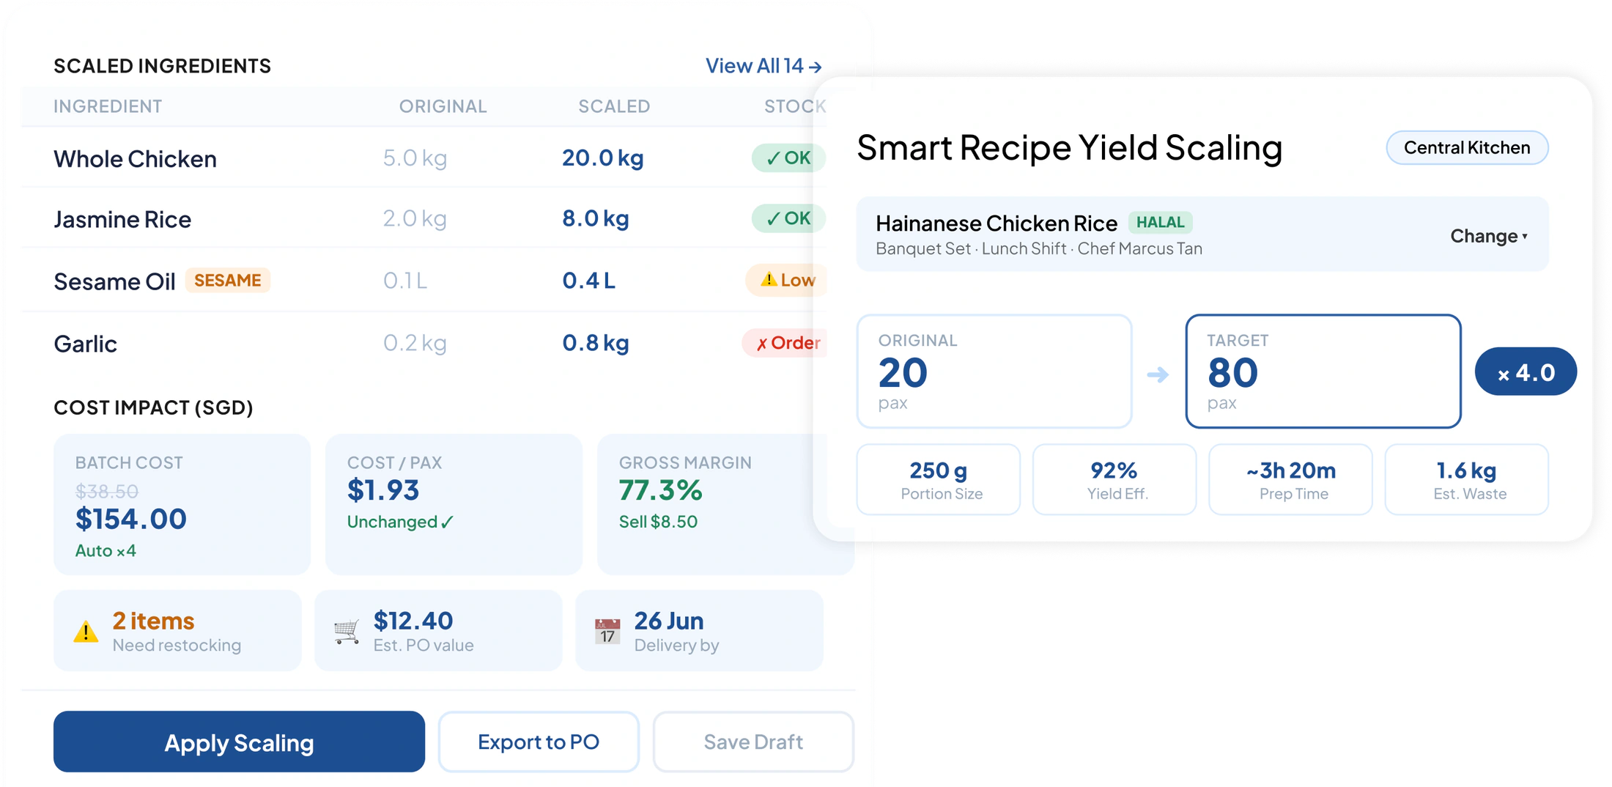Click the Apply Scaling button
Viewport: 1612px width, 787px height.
click(239, 742)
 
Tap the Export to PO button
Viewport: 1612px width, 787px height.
click(539, 742)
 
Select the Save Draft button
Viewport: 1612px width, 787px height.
click(753, 742)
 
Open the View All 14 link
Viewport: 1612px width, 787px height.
click(764, 66)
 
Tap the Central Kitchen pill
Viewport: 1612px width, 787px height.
click(1467, 147)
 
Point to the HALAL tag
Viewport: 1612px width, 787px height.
click(1160, 222)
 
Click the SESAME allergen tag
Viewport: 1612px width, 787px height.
click(227, 280)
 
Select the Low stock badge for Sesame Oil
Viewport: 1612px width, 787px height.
click(786, 280)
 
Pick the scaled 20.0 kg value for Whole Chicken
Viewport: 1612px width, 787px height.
click(602, 158)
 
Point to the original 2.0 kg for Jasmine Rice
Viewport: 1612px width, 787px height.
click(415, 218)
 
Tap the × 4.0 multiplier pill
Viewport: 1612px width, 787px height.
click(1526, 372)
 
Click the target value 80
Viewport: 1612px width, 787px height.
click(1232, 372)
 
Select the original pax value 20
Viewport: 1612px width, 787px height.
click(903, 372)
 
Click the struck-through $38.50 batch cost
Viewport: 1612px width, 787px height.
click(107, 491)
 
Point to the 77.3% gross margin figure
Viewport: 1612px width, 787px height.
click(660, 489)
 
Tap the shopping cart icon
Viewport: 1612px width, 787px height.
click(347, 631)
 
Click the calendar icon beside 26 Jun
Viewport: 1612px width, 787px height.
click(607, 631)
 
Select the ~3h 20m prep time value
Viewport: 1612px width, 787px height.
click(1291, 470)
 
